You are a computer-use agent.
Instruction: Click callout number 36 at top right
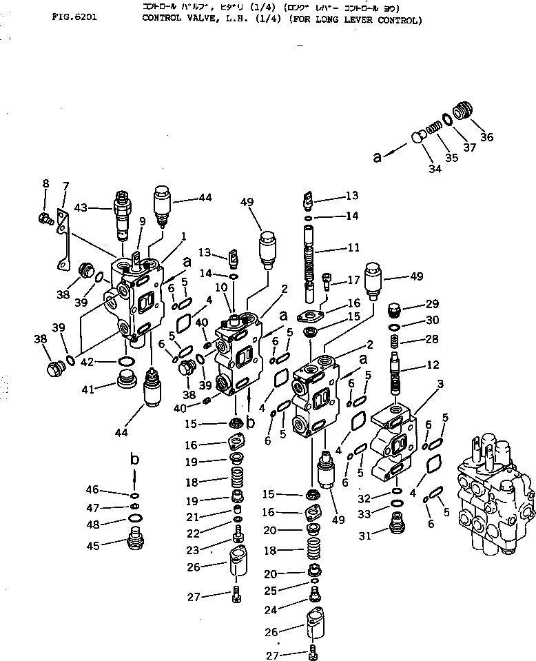click(x=486, y=136)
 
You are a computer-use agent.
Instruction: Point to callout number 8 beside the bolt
click(x=45, y=183)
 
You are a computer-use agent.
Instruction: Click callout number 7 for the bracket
click(x=66, y=186)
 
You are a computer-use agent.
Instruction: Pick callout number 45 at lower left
click(x=92, y=545)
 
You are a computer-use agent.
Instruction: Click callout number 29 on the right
click(x=431, y=305)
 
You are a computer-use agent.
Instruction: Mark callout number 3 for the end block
click(x=440, y=383)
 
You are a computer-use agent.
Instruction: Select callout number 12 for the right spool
click(x=432, y=364)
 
